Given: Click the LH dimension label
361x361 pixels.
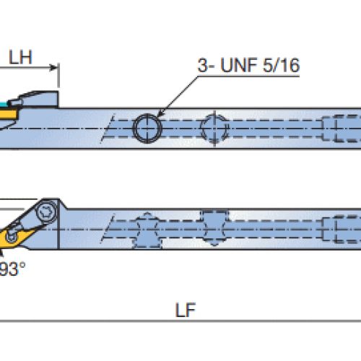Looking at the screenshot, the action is coord(20,57).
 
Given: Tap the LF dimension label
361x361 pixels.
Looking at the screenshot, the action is coord(186,310).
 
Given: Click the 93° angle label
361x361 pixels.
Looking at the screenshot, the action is coord(12,269).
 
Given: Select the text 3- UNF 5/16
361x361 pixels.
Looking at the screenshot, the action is coord(248,65).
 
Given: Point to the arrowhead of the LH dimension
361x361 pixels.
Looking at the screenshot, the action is coord(54,68).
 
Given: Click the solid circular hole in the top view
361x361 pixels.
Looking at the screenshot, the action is coord(147,128).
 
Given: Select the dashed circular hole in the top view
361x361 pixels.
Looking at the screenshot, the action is coord(214,129).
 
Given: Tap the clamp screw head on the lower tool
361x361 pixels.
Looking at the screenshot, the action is coord(46,212).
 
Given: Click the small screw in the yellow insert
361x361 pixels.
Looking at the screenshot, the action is coord(11,236).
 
